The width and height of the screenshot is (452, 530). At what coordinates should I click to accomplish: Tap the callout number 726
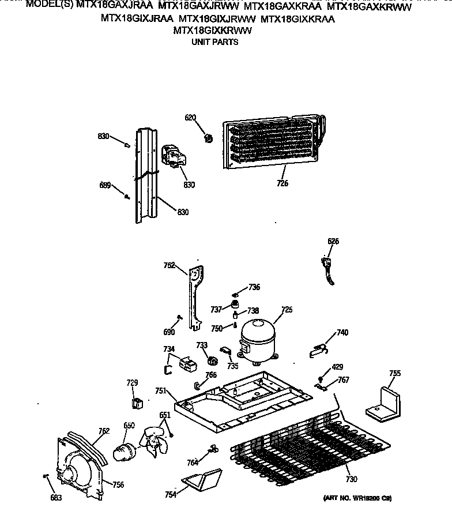282,183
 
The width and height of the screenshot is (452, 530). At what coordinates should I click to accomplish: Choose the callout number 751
161,390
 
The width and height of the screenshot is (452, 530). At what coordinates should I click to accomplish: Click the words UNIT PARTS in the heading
214,42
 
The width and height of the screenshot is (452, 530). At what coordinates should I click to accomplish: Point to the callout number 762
104,430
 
